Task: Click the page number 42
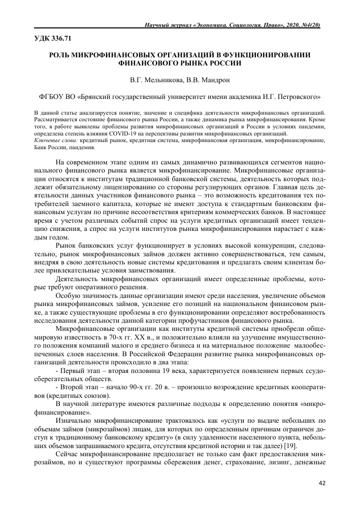pos(321,483)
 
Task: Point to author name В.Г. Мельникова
pos(153,80)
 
